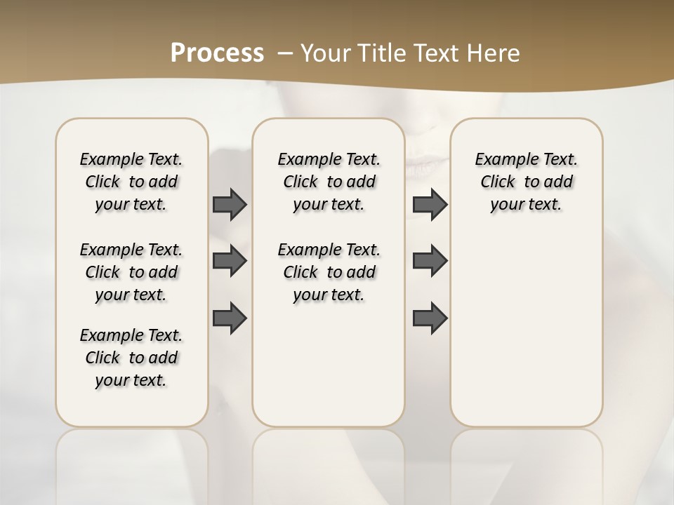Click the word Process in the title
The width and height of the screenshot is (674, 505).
[217, 53]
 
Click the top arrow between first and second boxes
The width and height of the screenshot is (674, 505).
[230, 204]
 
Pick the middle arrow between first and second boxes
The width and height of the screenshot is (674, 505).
[230, 261]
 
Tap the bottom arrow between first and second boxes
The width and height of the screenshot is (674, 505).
[230, 318]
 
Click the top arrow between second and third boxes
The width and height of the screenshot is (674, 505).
[430, 204]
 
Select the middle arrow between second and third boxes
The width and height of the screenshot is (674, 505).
[430, 261]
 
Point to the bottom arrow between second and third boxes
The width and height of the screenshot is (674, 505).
[430, 318]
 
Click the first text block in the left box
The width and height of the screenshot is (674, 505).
[131, 182]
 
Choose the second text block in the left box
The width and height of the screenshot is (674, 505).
[131, 272]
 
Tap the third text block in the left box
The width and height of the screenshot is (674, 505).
[131, 358]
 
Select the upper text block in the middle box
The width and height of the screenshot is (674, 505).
[329, 182]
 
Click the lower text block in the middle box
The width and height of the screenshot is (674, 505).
[329, 272]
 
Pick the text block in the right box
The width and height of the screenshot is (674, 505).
[526, 182]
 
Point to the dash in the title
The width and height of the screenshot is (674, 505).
[286, 53]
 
